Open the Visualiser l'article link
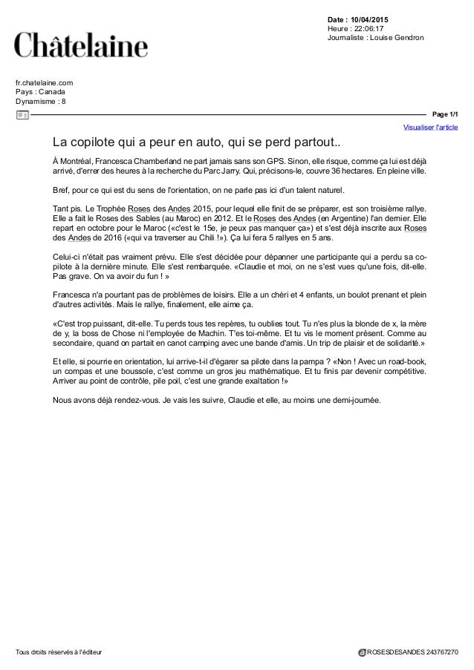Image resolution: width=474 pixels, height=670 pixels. click(430, 128)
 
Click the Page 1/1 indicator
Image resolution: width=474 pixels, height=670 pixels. click(446, 114)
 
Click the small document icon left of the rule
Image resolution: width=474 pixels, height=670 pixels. click(22, 114)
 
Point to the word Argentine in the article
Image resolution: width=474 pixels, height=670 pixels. click(353, 219)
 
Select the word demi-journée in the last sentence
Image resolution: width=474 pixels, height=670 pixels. click(351, 401)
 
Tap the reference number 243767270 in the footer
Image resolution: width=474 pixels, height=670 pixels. click(439, 652)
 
